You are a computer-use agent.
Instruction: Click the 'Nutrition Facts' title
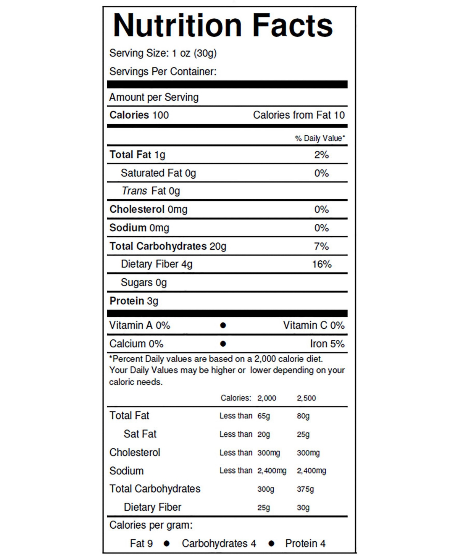[223, 26]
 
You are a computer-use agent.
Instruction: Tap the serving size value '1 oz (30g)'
[194, 53]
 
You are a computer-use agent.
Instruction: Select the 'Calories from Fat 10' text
[298, 115]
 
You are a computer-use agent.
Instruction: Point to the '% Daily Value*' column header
[320, 138]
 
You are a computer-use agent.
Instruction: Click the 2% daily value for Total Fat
[321, 155]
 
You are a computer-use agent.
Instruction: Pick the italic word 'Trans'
[134, 191]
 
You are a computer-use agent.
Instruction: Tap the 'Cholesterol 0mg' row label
[148, 210]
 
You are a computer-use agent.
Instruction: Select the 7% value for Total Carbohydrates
[321, 246]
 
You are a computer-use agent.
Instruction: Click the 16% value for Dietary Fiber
[321, 264]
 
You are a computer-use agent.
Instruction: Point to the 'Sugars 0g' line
[144, 282]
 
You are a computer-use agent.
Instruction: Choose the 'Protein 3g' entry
[134, 301]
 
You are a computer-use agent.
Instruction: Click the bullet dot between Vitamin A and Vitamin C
[223, 325]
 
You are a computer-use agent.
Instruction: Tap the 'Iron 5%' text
[327, 344]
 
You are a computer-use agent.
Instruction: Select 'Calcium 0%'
[136, 344]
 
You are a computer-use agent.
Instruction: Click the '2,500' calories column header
[306, 398]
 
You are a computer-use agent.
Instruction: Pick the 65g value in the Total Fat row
[263, 416]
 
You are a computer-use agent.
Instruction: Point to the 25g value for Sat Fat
[303, 434]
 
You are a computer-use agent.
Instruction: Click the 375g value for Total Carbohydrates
[305, 489]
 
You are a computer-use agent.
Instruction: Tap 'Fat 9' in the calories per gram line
[141, 543]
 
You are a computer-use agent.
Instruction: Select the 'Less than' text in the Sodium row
[235, 471]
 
